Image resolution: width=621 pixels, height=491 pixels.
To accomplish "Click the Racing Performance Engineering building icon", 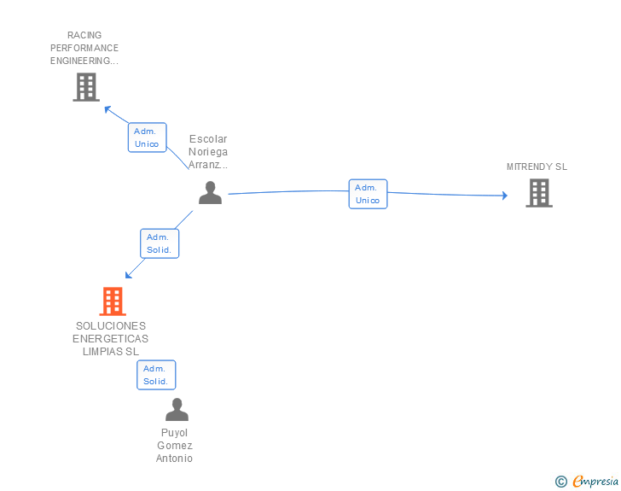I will [85, 87].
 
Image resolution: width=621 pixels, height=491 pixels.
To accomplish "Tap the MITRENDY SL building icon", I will [538, 193].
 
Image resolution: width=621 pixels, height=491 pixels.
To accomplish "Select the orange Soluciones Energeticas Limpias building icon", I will [112, 301].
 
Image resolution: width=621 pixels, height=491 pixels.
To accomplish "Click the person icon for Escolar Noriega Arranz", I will [210, 193].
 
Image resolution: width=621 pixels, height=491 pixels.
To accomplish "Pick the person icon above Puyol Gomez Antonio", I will [177, 410].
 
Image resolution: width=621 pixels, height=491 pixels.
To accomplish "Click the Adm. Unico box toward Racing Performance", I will [147, 137].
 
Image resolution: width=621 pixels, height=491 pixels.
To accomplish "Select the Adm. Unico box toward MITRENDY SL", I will [368, 194].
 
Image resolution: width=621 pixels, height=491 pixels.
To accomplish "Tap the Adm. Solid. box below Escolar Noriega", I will [159, 243].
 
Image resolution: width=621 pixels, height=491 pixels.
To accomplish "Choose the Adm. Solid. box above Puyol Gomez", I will [156, 375].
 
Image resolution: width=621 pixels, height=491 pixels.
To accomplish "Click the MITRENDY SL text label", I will [537, 167].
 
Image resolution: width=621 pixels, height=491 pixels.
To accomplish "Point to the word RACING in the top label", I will [84, 36].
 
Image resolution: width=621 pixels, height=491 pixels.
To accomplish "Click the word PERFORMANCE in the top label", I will [84, 48].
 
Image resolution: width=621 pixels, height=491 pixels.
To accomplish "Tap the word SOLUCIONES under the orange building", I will [111, 326].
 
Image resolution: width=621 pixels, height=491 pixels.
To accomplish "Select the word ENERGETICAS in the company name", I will [111, 339].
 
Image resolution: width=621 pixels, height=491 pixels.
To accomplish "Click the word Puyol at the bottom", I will [174, 433].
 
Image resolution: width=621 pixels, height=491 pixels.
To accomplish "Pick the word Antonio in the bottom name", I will [174, 459].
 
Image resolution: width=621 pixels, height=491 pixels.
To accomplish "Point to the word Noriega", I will [208, 152].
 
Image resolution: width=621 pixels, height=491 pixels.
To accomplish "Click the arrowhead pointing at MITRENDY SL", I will [504, 196].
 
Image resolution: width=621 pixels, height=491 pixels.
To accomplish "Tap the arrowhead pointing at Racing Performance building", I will [107, 108].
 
